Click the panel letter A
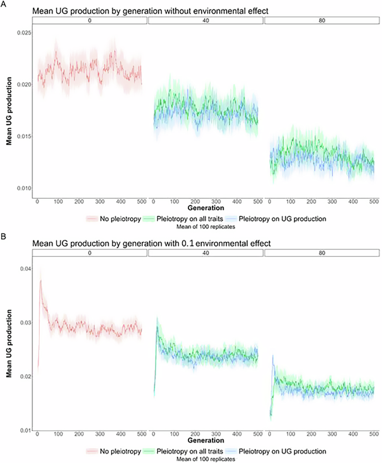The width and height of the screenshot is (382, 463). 4,3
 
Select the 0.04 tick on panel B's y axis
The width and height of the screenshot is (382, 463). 25,269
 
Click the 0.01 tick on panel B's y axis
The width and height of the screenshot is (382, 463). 25,431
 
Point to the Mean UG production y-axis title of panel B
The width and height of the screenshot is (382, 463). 9,349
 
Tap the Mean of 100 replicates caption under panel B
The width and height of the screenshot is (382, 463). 206,458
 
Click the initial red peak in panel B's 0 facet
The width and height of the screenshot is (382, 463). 41,281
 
